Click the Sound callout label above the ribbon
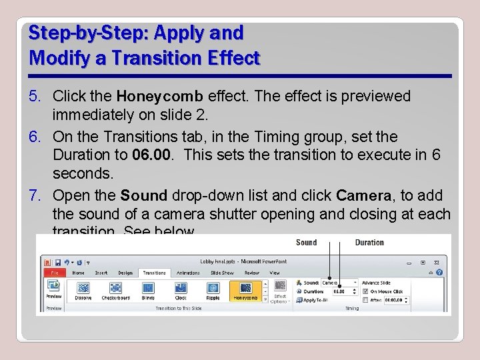click(306, 243)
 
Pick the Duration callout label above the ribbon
click(369, 243)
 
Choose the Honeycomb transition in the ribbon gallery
click(245, 290)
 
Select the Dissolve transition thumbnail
click(83, 290)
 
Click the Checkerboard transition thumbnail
click(116, 290)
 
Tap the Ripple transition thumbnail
click(213, 290)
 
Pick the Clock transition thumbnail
click(181, 290)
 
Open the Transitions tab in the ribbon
click(154, 273)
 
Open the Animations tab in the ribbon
click(188, 273)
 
